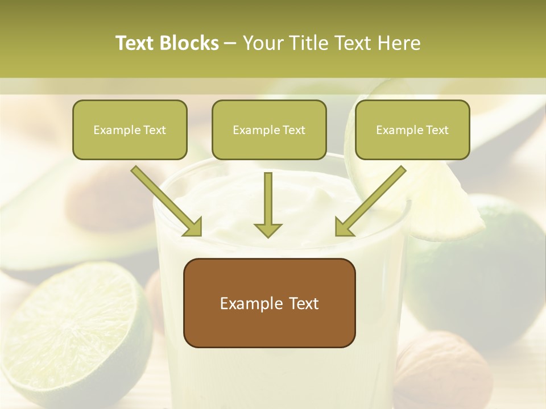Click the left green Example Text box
coord(130,130)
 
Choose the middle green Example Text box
coord(269,130)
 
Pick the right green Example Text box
coord(412,130)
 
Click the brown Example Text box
coord(269,303)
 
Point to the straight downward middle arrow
coord(268,204)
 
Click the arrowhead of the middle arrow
coord(268,229)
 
